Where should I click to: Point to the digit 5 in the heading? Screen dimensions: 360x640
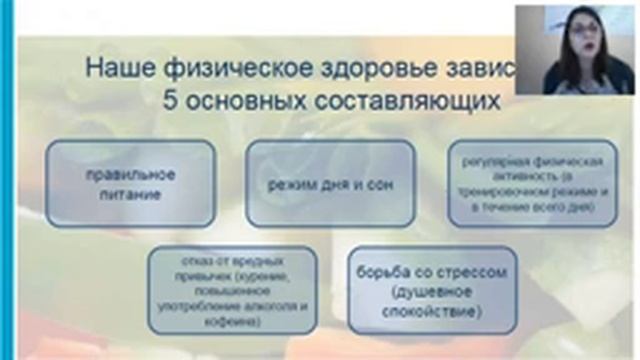(170, 102)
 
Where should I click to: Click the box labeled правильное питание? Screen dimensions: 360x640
(130, 184)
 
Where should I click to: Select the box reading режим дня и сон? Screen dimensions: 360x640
(330, 184)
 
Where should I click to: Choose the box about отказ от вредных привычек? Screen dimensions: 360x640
(231, 290)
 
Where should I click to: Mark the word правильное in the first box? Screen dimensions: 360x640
(130, 174)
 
